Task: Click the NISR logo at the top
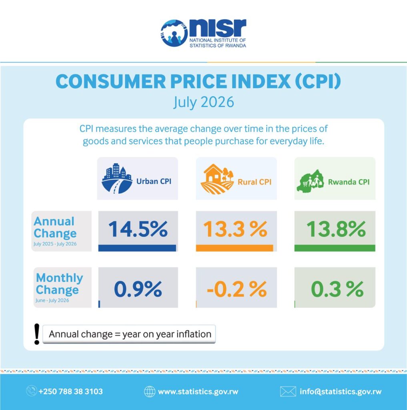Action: (203, 33)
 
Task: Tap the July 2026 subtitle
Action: (204, 102)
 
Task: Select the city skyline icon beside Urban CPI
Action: (117, 179)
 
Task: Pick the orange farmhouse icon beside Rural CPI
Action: (217, 179)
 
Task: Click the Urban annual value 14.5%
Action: (138, 229)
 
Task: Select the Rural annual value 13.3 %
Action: (235, 229)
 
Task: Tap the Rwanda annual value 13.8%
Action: (336, 229)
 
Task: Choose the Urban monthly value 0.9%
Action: (138, 289)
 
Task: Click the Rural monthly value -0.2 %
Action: (237, 289)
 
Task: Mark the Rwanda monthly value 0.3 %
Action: (337, 289)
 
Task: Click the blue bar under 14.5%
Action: (137, 248)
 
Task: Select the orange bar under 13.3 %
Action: (235, 248)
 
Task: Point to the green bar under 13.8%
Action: (335, 248)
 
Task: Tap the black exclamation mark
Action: (37, 334)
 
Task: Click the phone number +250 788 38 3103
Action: (70, 392)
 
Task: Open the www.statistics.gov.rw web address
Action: (198, 392)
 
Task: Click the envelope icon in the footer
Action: (288, 392)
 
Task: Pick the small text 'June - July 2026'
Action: (52, 300)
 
